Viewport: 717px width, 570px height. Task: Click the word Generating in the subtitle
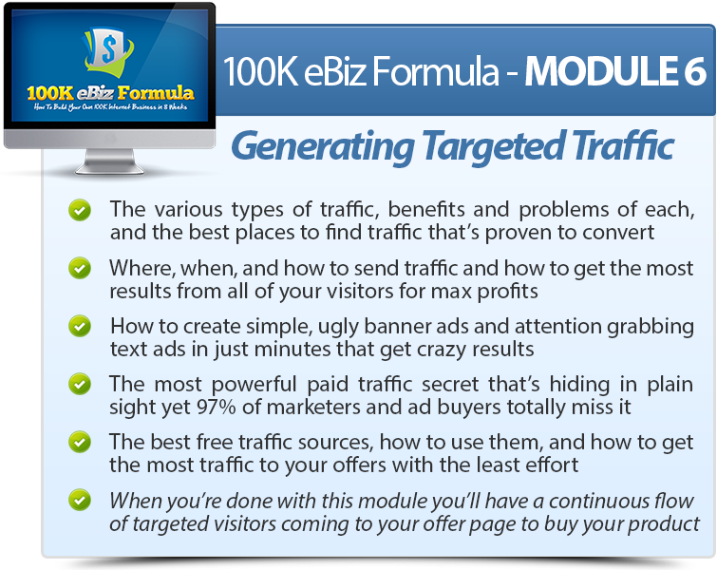pyautogui.click(x=323, y=146)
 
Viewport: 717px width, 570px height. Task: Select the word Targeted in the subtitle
pyautogui.click(x=492, y=146)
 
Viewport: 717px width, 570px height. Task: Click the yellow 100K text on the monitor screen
pyautogui.click(x=50, y=93)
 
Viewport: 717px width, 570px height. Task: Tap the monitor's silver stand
pyautogui.click(x=110, y=161)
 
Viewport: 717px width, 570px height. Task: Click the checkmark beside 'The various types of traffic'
pyautogui.click(x=80, y=211)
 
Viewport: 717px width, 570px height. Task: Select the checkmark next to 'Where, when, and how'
pyautogui.click(x=80, y=269)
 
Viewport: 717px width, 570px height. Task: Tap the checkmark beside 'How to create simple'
pyautogui.click(x=80, y=327)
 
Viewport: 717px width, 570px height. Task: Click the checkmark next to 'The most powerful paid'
pyautogui.click(x=80, y=384)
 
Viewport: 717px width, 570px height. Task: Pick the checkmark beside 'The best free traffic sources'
pyautogui.click(x=80, y=443)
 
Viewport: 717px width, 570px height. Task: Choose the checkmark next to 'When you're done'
pyautogui.click(x=80, y=501)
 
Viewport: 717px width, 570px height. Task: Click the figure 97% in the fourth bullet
pyautogui.click(x=217, y=407)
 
